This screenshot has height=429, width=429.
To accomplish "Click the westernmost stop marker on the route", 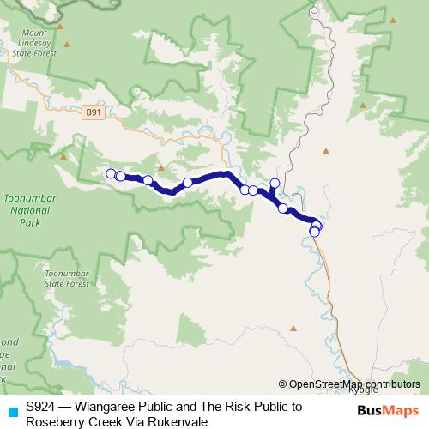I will pyautogui.click(x=110, y=174).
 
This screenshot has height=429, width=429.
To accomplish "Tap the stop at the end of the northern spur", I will pyautogui.click(x=275, y=183).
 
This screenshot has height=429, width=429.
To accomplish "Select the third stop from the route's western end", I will pyautogui.click(x=148, y=180).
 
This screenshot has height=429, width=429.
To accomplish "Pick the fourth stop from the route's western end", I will pyautogui.click(x=187, y=183).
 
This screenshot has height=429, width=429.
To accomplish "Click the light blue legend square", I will pyautogui.click(x=10, y=410).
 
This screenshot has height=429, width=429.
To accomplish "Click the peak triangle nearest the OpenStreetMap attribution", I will pyautogui.click(x=293, y=327).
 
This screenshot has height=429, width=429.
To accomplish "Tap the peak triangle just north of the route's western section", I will pyautogui.click(x=160, y=168).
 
